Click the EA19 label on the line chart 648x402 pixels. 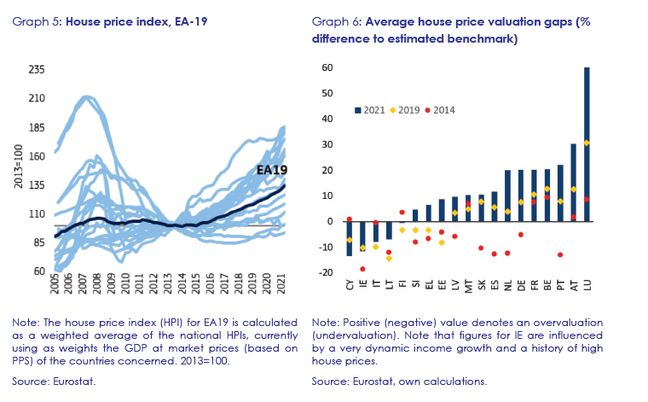click(x=272, y=170)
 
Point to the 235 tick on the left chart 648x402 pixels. click(x=36, y=69)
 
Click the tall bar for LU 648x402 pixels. click(x=587, y=144)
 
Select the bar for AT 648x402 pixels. click(x=573, y=183)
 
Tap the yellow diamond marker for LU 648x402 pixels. click(x=587, y=143)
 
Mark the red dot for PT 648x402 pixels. click(x=560, y=254)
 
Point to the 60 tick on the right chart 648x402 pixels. click(x=327, y=67)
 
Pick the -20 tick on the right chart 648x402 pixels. click(x=325, y=273)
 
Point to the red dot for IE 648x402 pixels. click(x=362, y=269)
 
